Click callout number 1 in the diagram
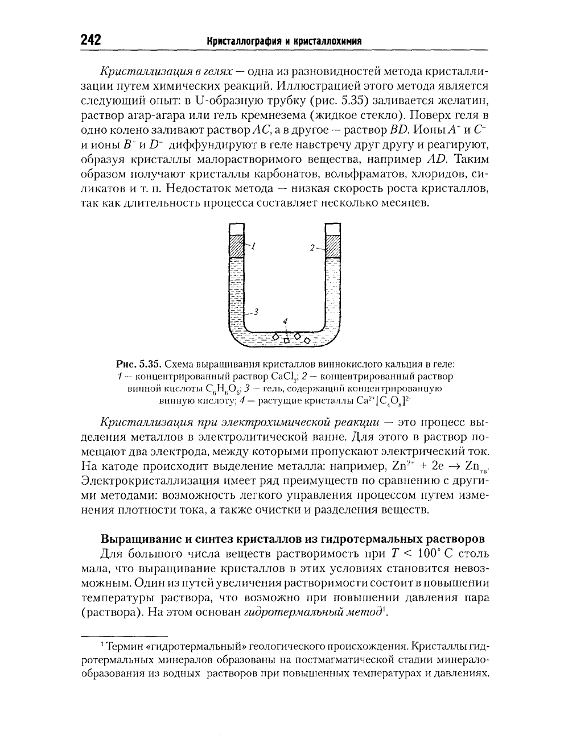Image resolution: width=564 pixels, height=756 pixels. [x=253, y=246]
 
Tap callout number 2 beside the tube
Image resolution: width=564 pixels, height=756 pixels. [x=312, y=248]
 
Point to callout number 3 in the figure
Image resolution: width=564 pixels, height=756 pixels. [x=256, y=311]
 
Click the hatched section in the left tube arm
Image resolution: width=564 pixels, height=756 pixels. [x=236, y=246]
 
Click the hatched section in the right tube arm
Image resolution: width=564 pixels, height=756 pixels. [x=332, y=246]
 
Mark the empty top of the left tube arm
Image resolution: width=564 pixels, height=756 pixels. [x=236, y=229]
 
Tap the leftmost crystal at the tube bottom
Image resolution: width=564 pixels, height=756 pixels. [x=277, y=337]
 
